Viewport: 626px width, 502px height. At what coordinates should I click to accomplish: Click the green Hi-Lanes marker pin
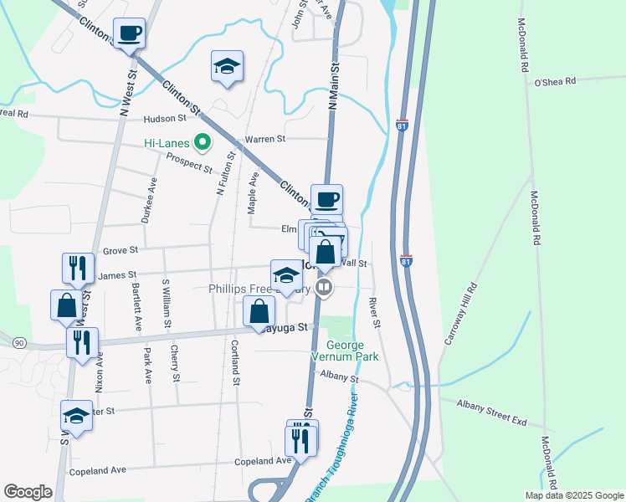click(201, 143)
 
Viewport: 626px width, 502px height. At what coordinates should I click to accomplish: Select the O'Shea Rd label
click(556, 81)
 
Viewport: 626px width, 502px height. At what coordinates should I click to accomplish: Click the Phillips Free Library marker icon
click(325, 289)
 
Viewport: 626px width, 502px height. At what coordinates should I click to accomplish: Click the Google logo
click(28, 492)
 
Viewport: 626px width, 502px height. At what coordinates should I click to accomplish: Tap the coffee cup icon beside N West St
click(129, 33)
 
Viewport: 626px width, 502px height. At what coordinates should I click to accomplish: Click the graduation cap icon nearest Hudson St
click(227, 66)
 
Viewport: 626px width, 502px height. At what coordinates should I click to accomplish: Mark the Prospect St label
click(189, 162)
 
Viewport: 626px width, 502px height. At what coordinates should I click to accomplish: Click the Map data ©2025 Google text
click(573, 494)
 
